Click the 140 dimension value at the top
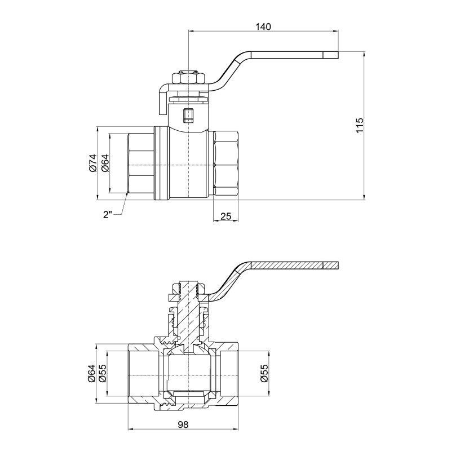pos(263,26)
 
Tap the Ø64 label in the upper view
pos(104,163)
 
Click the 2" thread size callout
pos(108,215)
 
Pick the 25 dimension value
pos(227,216)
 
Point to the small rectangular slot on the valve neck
pos(187,116)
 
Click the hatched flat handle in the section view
pos(293,266)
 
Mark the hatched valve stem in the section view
pos(187,316)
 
